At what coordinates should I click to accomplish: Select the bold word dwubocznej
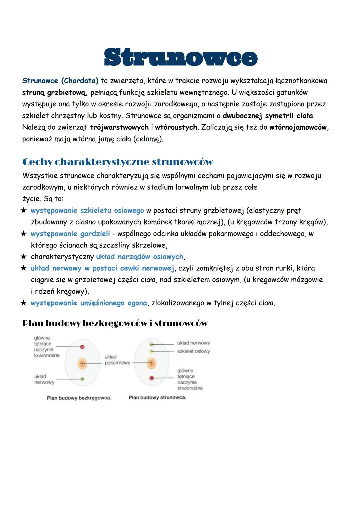242,116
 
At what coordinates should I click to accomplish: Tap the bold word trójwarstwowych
119,127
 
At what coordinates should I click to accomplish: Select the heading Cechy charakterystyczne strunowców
117,162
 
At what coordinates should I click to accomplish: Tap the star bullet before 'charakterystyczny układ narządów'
23,257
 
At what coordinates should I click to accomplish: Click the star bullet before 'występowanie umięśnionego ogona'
23,303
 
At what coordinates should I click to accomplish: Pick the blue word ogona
137,303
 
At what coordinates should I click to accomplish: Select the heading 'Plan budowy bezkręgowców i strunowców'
115,323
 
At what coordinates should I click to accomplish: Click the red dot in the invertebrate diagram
82,347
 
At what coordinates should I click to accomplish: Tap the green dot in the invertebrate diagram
82,379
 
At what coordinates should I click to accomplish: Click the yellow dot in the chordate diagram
151,351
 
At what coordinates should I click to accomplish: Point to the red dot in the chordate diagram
152,378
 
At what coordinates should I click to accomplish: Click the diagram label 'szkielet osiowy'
193,351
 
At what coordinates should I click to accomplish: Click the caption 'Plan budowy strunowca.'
157,397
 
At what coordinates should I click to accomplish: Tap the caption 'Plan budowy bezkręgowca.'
79,398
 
